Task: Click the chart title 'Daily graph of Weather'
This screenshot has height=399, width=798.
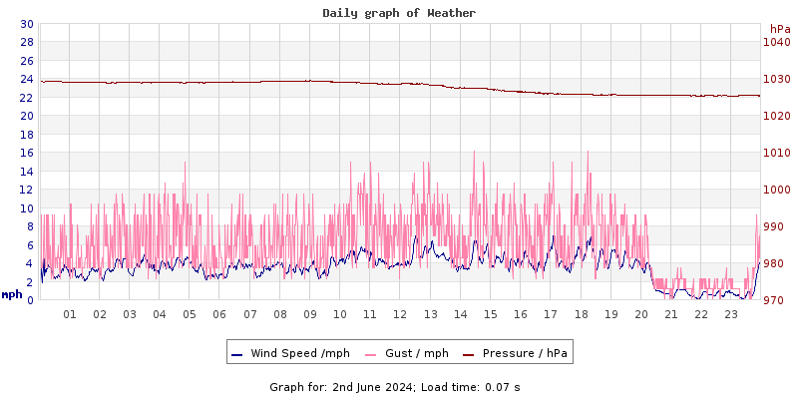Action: coord(399,13)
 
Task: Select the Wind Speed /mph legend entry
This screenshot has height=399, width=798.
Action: coord(299,353)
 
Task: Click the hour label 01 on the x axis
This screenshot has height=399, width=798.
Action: coord(70,314)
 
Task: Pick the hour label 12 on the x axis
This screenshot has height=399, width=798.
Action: coord(400,314)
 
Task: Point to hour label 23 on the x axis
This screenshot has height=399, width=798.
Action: coord(731,314)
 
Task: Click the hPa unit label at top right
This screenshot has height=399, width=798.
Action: coord(779,29)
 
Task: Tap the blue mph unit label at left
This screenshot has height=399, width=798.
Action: coord(12,294)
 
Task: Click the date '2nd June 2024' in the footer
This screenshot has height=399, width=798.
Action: coord(373,386)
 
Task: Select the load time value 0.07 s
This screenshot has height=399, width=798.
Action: coord(502,386)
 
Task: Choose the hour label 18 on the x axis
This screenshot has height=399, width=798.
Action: coord(581,314)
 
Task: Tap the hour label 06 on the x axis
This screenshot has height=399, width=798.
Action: coord(219,314)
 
